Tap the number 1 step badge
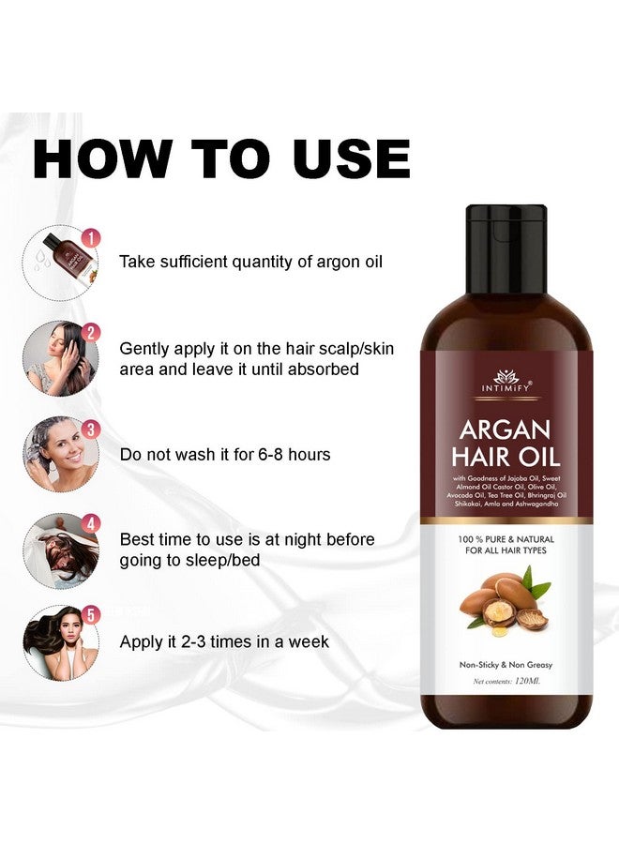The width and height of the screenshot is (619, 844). pyautogui.click(x=91, y=238)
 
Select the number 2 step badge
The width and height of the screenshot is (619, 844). pyautogui.click(x=91, y=332)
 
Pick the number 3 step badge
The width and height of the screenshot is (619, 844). pyautogui.click(x=91, y=429)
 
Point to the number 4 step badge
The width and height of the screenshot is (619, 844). pyautogui.click(x=91, y=523)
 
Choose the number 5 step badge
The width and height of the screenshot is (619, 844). pyautogui.click(x=91, y=615)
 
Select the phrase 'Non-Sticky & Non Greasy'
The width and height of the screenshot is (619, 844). pyautogui.click(x=506, y=664)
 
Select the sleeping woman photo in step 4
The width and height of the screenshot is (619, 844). pyautogui.click(x=58, y=548)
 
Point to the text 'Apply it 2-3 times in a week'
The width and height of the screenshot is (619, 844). pyautogui.click(x=224, y=642)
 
